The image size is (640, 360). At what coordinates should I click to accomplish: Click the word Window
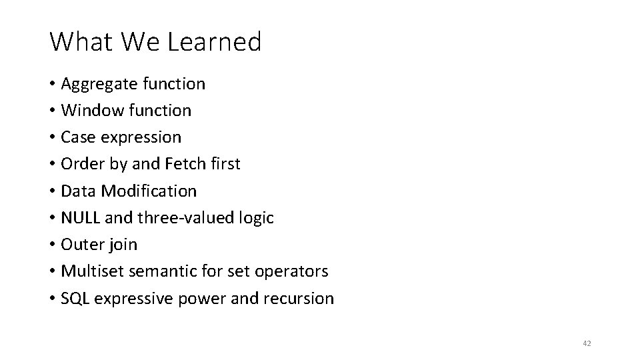tap(87, 111)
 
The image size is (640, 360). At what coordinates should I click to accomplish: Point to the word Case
tap(76, 137)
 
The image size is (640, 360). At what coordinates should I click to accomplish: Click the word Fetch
tap(186, 164)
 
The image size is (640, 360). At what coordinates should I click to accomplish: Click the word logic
tap(256, 218)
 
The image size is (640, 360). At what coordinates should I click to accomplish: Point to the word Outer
tap(79, 245)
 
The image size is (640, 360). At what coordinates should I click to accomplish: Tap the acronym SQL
tap(75, 298)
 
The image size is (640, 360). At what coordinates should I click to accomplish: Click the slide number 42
tap(587, 343)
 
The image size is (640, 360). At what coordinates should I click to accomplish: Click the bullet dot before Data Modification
tap(52, 191)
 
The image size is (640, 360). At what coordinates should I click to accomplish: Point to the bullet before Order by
tap(52, 164)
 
